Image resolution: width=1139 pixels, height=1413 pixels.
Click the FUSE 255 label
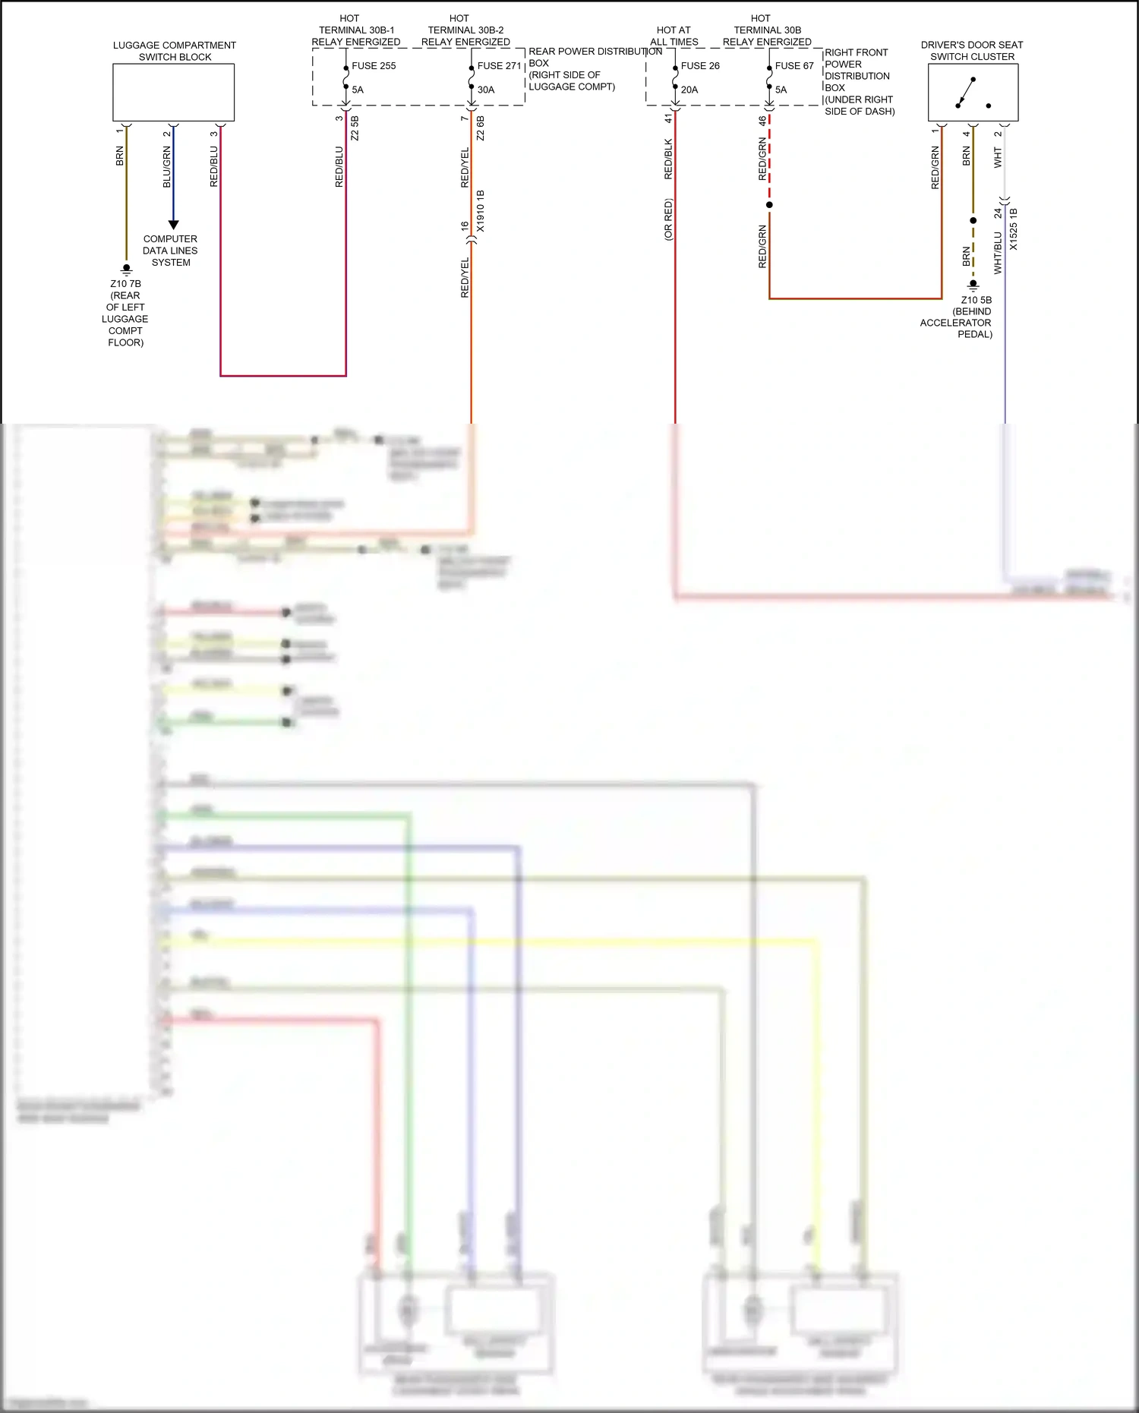click(374, 66)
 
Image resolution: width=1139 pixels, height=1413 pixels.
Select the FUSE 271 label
click(499, 66)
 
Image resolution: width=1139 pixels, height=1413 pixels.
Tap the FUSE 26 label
click(700, 66)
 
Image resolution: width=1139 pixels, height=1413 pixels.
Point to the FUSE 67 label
click(794, 66)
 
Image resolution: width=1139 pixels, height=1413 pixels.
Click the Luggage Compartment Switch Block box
click(174, 93)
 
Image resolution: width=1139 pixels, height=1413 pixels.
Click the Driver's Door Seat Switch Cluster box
click(973, 93)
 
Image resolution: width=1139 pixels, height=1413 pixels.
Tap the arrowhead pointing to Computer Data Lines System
click(173, 225)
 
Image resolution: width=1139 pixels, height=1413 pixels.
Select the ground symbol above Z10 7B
click(127, 270)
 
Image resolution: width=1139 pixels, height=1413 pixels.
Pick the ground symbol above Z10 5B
click(973, 286)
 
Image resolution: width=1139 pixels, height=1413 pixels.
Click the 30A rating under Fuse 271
click(486, 90)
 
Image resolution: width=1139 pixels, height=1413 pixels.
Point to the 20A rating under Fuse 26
click(689, 90)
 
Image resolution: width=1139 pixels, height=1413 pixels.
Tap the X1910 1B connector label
click(481, 211)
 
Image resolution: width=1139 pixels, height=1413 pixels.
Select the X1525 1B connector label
click(1014, 229)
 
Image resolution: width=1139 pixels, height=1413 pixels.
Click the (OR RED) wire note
click(668, 219)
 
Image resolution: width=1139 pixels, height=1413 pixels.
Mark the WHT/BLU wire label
click(998, 253)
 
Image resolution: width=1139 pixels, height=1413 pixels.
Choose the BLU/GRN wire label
click(167, 167)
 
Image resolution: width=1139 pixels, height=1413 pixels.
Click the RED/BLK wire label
click(668, 159)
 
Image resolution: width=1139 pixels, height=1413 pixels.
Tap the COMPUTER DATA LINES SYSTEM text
click(171, 251)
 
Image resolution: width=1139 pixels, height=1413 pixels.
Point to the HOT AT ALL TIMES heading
click(674, 36)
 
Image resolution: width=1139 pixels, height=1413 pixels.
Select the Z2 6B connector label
click(481, 128)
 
